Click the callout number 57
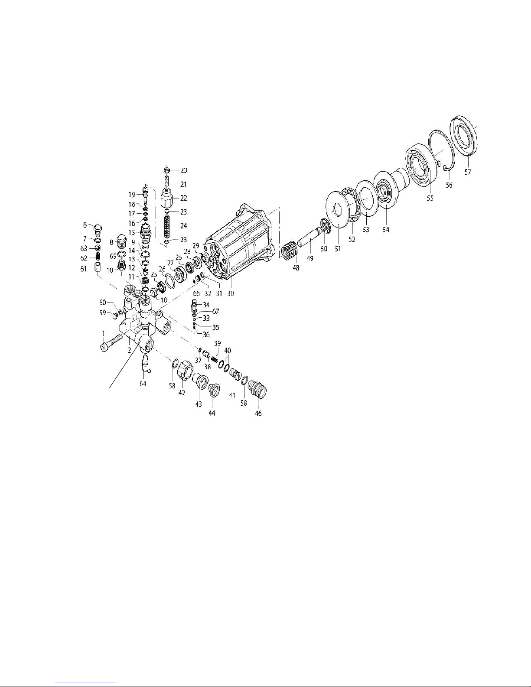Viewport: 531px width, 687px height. [467, 172]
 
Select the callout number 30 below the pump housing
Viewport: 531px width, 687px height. [231, 293]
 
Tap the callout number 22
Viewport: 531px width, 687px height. [184, 198]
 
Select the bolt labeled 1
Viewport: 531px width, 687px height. [111, 343]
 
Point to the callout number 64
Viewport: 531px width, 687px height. [143, 384]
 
